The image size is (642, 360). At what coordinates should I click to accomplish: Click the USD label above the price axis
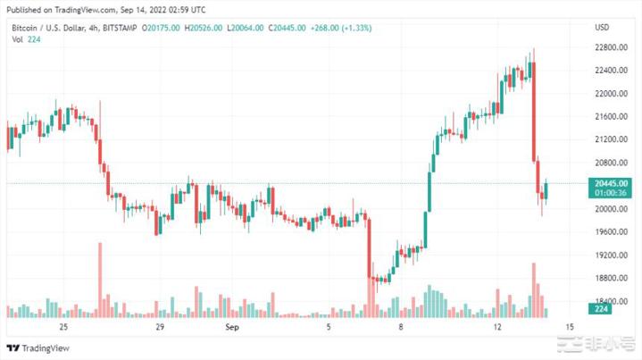[602, 28]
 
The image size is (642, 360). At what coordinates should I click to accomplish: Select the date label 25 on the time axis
[63, 327]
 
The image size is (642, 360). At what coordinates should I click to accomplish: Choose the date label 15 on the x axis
[569, 327]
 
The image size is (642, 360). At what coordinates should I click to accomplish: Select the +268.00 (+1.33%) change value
[340, 29]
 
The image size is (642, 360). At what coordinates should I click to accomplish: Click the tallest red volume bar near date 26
[100, 279]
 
